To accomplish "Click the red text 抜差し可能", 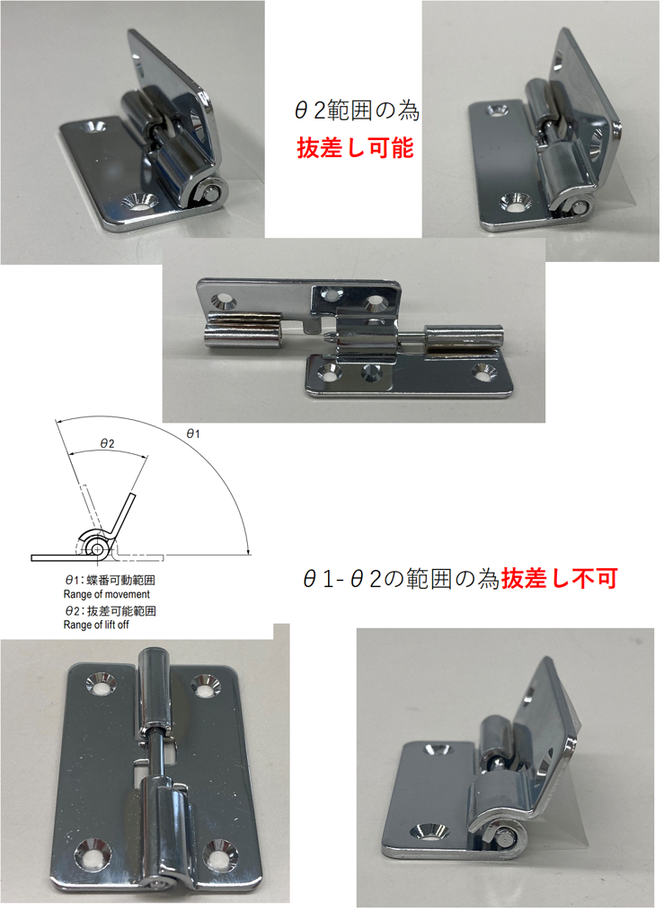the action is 356,147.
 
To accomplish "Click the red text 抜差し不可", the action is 559,579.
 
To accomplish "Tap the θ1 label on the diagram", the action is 193,433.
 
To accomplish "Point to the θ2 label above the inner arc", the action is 107,443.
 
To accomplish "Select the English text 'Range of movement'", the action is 107,594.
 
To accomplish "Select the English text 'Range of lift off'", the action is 96,625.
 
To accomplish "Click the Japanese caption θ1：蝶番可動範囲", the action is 110,581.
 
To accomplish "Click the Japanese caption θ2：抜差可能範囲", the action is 111,610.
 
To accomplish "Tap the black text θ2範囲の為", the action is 357,110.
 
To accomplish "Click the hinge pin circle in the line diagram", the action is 95,548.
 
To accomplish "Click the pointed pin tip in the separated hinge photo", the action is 328,337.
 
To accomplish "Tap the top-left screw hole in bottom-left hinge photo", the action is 101,683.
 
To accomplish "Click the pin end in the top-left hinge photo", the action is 213,191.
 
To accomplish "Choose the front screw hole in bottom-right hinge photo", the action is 429,832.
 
